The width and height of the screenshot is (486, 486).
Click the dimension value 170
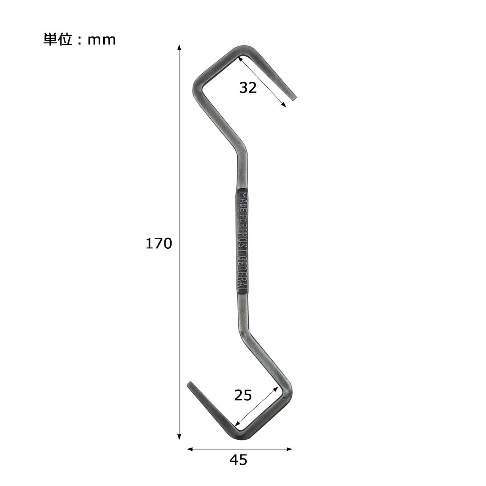click(x=159, y=244)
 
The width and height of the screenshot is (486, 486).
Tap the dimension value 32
click(x=248, y=88)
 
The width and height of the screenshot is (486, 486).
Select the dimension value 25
click(x=243, y=396)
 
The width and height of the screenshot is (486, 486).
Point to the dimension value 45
click(x=238, y=460)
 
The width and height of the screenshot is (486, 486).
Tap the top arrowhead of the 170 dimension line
click(x=179, y=47)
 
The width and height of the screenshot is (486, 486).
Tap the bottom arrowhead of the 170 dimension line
click(x=179, y=437)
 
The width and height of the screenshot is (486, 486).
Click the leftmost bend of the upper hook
click(x=196, y=87)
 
